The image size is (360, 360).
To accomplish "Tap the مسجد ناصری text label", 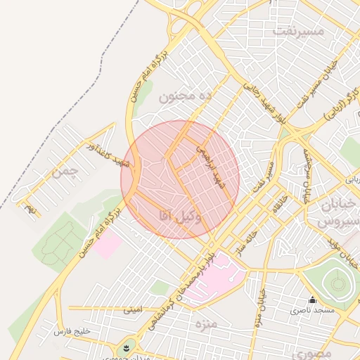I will pos(314,310).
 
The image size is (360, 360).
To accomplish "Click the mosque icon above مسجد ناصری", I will pos(313,300).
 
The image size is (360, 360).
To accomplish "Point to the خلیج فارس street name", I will pos(73,330).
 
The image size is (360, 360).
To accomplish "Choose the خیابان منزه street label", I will pos(261,302).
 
